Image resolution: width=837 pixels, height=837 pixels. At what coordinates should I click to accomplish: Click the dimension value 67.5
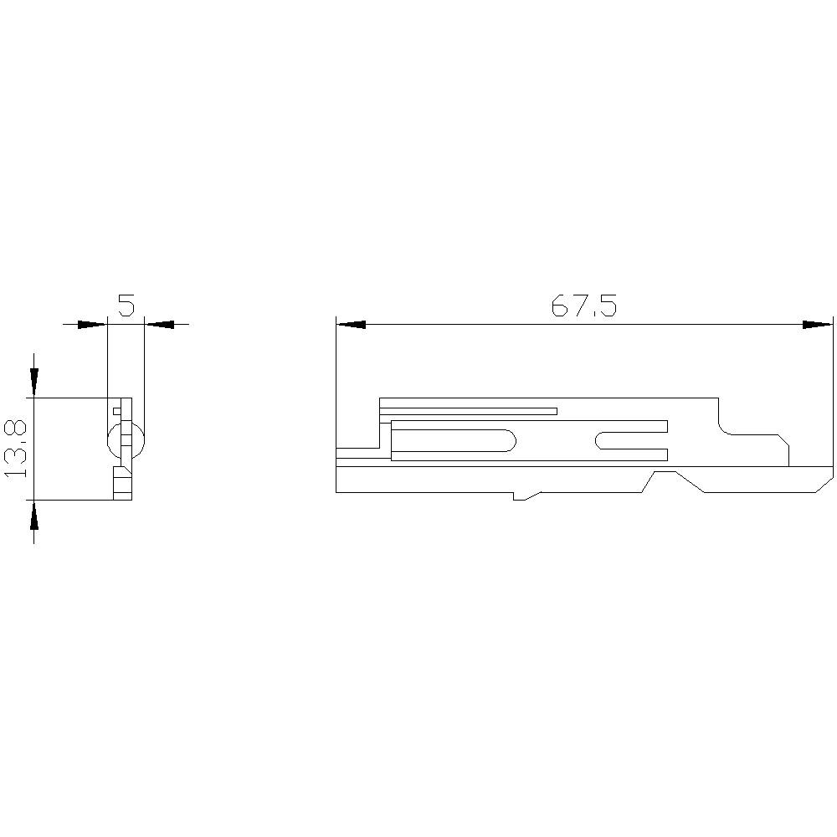(583, 307)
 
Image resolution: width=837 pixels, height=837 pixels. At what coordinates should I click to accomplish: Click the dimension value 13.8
(17, 449)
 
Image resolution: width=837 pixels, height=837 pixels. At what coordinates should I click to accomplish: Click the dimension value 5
(126, 306)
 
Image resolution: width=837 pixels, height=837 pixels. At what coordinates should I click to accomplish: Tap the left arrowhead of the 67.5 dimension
(351, 324)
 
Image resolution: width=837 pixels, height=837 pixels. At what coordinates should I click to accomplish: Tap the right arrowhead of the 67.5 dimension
(818, 324)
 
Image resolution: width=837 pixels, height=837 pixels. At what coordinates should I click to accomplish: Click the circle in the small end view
(126, 440)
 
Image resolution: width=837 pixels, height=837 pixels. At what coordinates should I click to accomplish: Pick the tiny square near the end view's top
(116, 411)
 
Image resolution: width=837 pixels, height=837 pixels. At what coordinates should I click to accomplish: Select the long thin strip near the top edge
(469, 411)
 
